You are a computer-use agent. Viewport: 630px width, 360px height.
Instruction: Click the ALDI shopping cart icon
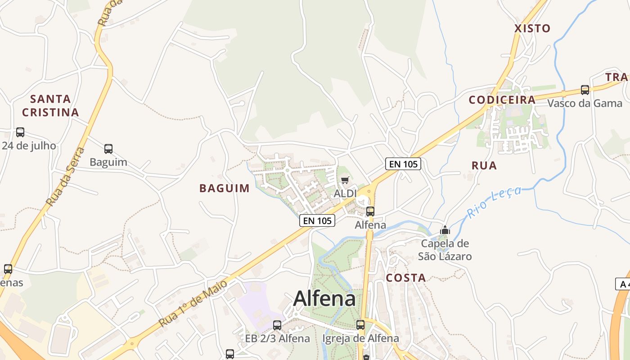(x=345, y=180)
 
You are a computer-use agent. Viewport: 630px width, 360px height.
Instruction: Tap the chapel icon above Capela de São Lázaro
(x=445, y=230)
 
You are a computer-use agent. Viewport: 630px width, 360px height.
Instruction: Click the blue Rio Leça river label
(x=494, y=202)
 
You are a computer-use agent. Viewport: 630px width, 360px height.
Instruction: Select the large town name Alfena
(x=324, y=298)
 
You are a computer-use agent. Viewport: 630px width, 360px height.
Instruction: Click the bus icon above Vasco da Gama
(x=585, y=90)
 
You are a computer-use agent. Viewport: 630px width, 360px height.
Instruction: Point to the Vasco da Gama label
(x=585, y=103)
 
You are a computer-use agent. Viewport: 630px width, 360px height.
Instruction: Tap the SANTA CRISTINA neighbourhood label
(x=50, y=105)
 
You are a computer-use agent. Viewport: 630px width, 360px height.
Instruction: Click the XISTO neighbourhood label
(x=532, y=28)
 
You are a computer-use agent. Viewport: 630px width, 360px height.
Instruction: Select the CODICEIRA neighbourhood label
(x=502, y=100)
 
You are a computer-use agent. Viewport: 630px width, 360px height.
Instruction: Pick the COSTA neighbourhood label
(x=406, y=278)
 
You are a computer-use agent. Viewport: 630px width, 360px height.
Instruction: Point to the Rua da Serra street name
(x=66, y=176)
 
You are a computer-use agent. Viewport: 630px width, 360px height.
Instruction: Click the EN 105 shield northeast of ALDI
(x=403, y=164)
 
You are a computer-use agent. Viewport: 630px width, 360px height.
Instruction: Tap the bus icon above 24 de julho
(x=20, y=132)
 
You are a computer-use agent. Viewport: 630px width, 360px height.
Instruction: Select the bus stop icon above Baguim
(x=108, y=149)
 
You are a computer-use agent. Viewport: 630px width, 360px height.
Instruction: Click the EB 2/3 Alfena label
(x=277, y=338)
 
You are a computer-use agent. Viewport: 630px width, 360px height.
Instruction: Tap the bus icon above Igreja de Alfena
(x=360, y=325)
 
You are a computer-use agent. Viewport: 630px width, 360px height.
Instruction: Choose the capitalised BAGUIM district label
(x=224, y=188)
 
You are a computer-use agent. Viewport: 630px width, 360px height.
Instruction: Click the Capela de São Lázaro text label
(x=445, y=250)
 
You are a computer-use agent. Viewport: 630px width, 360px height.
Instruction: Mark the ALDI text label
(x=345, y=193)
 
